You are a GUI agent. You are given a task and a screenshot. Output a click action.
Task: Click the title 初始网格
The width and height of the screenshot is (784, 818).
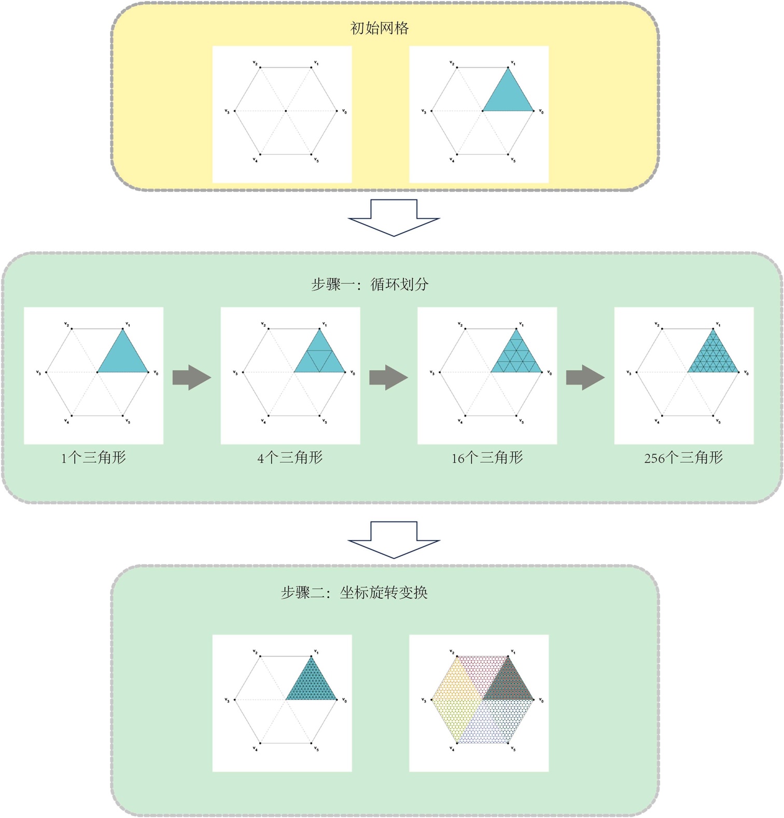tap(380, 28)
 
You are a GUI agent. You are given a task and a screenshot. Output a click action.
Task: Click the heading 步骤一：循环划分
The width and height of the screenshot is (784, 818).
tap(370, 284)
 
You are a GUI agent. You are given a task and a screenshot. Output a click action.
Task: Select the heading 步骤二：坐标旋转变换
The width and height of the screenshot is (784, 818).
tap(354, 592)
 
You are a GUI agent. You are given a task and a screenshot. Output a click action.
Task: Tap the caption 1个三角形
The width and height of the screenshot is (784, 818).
tap(93, 457)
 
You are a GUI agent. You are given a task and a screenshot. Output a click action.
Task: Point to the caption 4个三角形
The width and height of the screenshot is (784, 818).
tap(290, 457)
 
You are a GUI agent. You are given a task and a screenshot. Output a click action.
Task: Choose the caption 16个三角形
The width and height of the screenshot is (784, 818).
tap(487, 457)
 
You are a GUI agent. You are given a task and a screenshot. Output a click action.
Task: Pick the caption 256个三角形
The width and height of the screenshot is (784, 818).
tap(683, 457)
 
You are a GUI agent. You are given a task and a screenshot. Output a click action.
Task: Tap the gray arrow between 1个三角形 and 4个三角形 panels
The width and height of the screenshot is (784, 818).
tap(191, 378)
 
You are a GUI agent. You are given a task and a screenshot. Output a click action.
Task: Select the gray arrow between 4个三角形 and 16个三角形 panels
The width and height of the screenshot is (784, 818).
tap(388, 378)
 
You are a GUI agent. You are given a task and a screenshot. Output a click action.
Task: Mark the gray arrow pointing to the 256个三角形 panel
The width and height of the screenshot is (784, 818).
tap(585, 378)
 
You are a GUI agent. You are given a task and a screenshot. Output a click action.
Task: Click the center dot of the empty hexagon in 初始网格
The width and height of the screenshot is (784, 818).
tap(286, 111)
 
